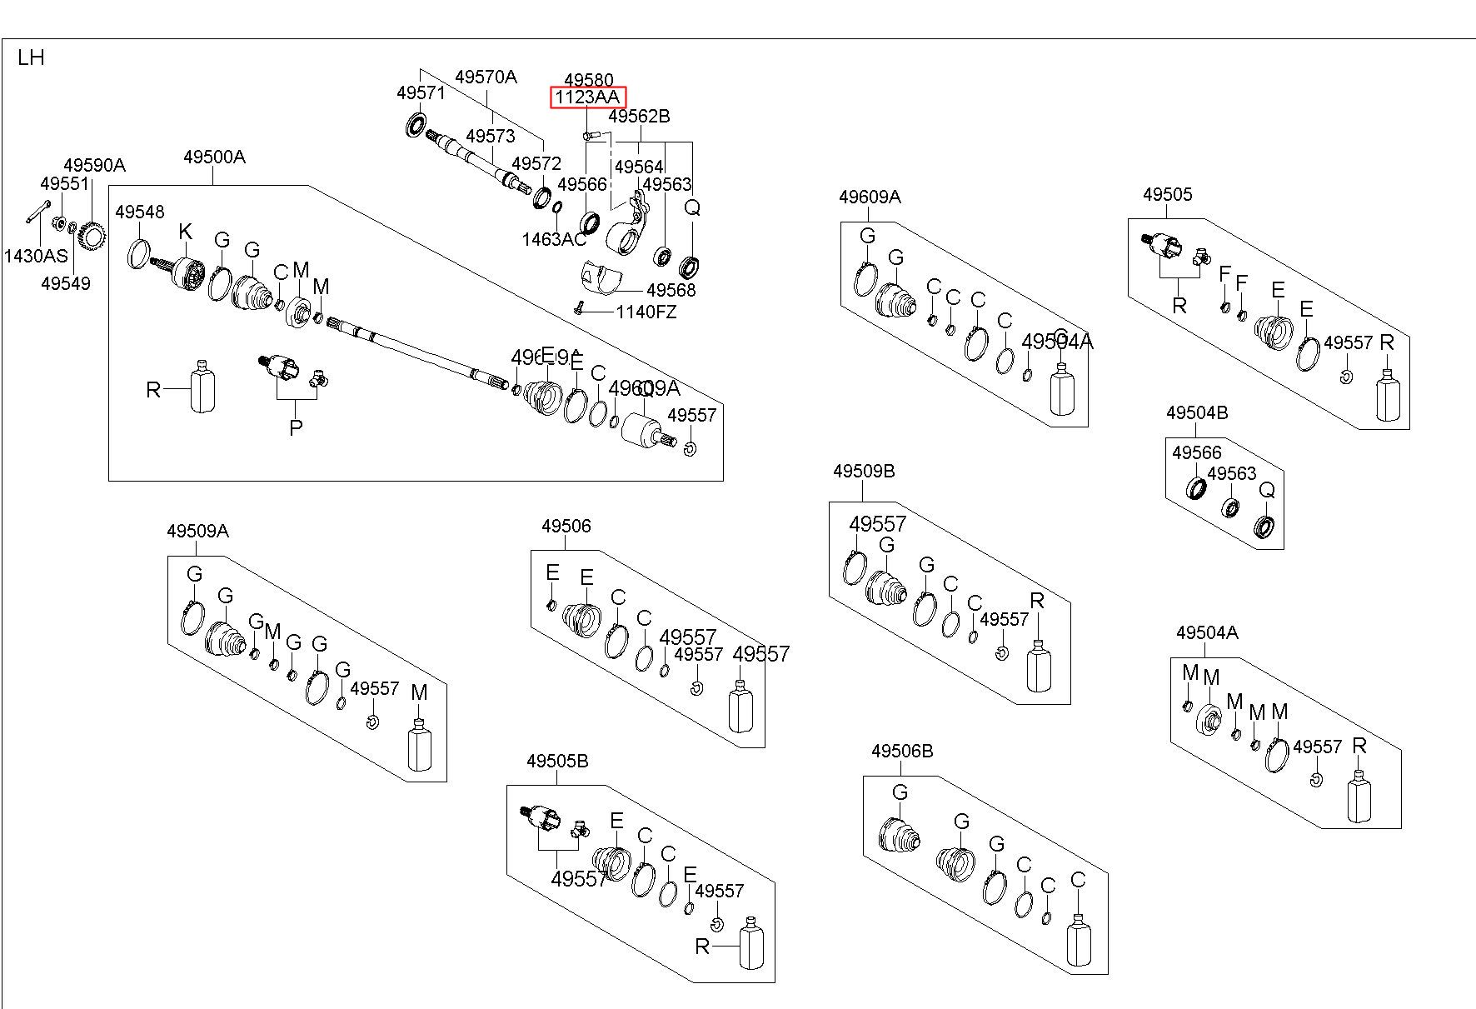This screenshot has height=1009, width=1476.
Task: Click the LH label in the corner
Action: (31, 57)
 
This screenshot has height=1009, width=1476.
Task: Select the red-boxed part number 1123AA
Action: (588, 97)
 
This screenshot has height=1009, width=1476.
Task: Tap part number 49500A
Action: (214, 157)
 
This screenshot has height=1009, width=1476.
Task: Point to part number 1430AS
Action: (35, 256)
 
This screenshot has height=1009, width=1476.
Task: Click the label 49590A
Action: (94, 165)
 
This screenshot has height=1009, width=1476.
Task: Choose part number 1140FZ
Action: (646, 312)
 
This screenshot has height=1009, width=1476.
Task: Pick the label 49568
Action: (671, 290)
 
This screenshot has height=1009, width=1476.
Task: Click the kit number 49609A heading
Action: (870, 197)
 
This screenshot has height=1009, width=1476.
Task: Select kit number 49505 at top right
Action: (1167, 194)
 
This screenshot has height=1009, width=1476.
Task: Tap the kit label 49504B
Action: (1196, 412)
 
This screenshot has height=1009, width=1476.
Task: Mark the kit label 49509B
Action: (863, 471)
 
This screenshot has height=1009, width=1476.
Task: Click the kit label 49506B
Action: (902, 751)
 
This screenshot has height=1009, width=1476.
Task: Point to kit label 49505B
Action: (557, 761)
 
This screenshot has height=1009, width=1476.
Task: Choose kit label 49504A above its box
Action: (1206, 632)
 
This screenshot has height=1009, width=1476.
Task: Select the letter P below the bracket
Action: (296, 427)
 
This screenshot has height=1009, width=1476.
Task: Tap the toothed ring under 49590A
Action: (92, 237)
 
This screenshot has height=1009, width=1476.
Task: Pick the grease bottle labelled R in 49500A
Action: (203, 387)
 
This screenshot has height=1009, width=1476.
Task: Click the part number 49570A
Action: (486, 77)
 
